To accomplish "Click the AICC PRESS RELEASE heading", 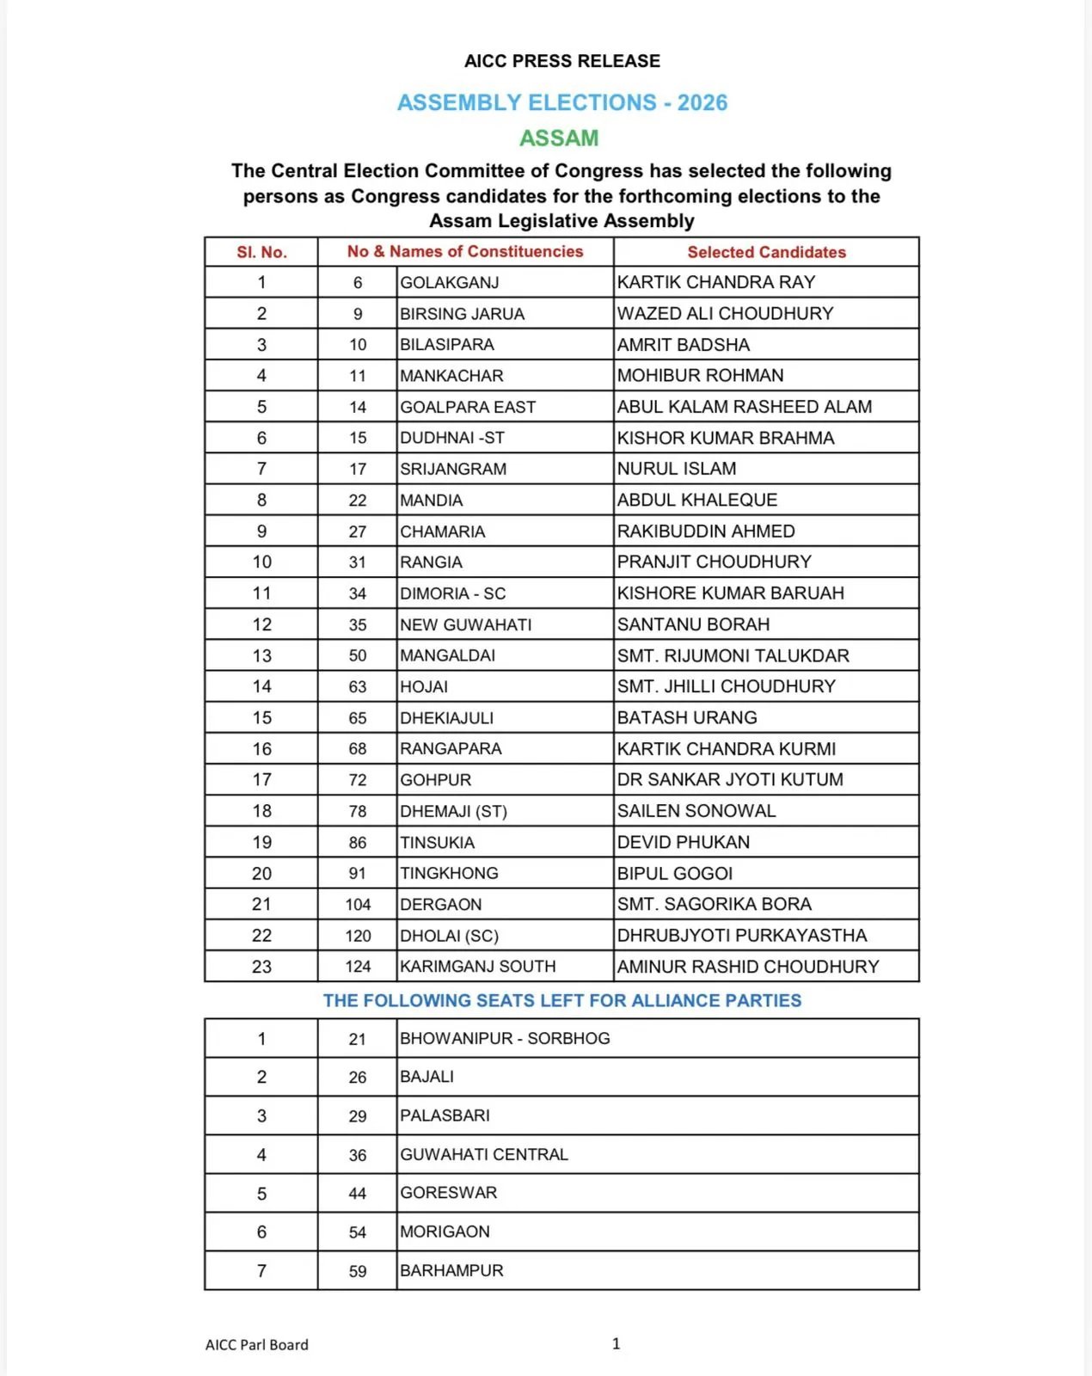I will click(562, 61).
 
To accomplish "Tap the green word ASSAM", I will click(559, 138).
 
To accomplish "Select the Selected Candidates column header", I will click(766, 252).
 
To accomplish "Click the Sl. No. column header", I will click(261, 252).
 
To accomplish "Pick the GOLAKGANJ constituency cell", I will click(450, 282).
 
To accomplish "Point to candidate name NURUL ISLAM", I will click(677, 469).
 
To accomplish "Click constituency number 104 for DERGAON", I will click(358, 905).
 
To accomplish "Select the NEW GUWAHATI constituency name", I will click(466, 624).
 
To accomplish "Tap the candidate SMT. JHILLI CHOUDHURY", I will click(727, 686).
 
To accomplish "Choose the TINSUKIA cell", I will click(438, 843).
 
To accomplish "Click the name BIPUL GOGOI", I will click(675, 874).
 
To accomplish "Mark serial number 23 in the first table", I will click(261, 967).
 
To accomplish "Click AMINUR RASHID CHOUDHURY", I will click(748, 967).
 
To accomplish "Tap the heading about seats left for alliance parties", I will click(562, 1000).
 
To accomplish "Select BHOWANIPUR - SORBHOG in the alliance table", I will click(506, 1038).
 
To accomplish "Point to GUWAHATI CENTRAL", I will click(484, 1154).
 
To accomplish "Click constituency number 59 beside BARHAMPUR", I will click(358, 1271).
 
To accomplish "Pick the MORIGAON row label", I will click(445, 1232).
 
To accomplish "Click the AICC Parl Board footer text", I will click(257, 1345).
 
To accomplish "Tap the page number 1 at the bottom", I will click(616, 1343).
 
